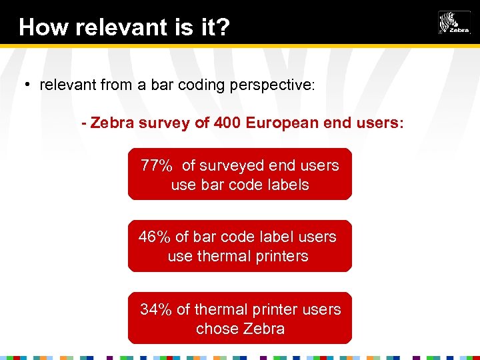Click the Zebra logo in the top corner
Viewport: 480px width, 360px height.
click(453, 23)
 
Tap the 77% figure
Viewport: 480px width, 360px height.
click(157, 165)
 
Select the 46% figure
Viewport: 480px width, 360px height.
click(155, 237)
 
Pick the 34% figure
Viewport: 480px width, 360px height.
click(157, 309)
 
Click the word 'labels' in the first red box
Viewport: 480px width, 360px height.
click(287, 185)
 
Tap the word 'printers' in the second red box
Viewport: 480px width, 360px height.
click(280, 256)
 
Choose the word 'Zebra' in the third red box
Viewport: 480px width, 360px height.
click(265, 329)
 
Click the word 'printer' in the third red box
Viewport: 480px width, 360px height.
click(269, 309)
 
